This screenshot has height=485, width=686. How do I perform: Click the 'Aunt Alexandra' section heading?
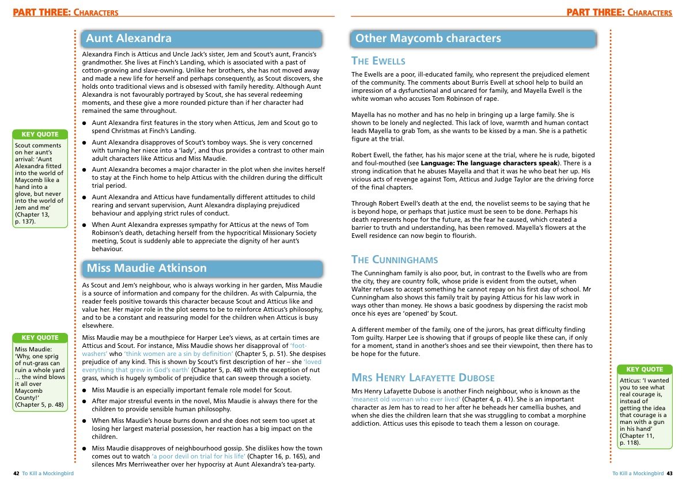coord(129,39)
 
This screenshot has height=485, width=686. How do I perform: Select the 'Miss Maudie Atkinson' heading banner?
coord(146,268)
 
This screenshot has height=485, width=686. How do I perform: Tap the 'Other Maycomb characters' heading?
coord(428,39)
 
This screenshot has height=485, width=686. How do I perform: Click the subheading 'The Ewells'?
coord(378,61)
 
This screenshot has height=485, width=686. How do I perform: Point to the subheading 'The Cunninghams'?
coord(395,260)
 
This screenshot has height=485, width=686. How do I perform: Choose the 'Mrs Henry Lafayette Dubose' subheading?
coord(423,378)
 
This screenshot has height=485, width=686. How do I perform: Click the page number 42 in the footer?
coord(16,473)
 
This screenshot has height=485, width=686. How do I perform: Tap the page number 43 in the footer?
coord(669,473)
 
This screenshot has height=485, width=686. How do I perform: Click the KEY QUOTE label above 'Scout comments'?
coord(40,135)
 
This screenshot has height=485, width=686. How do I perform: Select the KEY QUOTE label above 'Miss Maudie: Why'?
coord(40,338)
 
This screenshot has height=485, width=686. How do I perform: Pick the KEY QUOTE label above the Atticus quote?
coord(645,369)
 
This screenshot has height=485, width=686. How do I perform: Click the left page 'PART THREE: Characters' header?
coord(66,13)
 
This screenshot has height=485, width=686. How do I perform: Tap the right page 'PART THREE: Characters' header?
coord(619,13)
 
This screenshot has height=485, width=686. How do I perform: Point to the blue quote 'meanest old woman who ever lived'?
coord(406,399)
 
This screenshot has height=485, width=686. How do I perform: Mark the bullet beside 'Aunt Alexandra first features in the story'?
coord(85,123)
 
